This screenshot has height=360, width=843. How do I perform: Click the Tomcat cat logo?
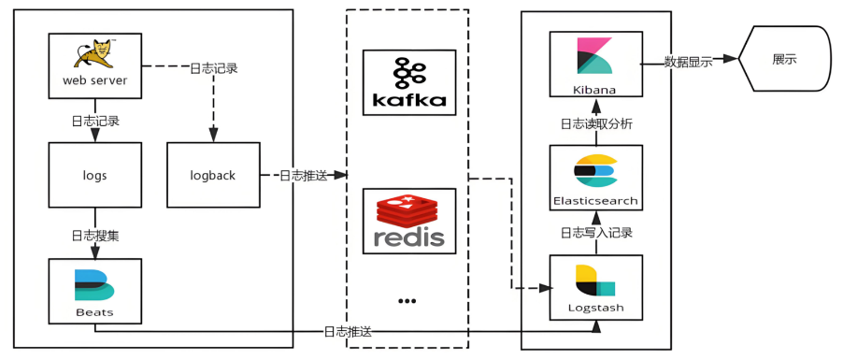[x=94, y=54]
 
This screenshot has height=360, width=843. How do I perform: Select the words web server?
[x=95, y=81]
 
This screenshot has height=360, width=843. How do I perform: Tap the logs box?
[x=95, y=175]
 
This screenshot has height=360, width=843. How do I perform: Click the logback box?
[x=213, y=175]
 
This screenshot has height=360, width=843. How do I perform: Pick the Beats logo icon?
[x=94, y=284]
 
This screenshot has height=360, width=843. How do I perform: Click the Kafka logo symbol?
[x=408, y=73]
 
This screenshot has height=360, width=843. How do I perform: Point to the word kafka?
[x=409, y=99]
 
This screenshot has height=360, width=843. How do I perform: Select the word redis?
[x=408, y=238]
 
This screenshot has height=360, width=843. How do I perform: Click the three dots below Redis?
[x=407, y=301]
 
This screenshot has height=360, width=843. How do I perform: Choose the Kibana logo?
[x=594, y=55]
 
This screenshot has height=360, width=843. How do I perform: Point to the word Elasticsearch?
[x=595, y=201]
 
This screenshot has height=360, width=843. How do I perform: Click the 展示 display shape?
[x=784, y=58]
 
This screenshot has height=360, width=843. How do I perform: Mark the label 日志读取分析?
[x=596, y=125]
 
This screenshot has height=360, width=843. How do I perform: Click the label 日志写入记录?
[x=596, y=233]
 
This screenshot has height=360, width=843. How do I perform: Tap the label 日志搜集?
[x=95, y=235]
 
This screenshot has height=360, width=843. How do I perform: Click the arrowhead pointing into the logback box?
[x=213, y=137]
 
